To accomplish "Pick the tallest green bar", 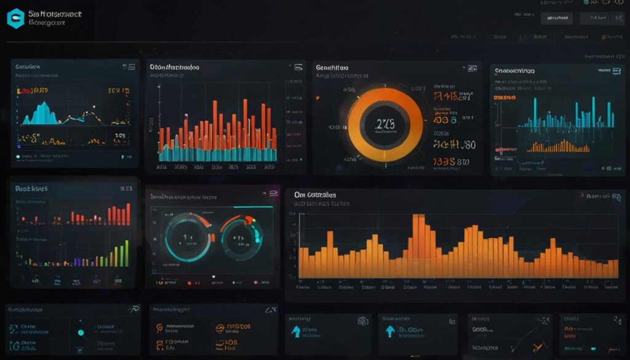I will point(127,253).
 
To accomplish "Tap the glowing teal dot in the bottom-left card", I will point(81,333).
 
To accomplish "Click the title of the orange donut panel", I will point(332,67).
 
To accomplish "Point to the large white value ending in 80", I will point(455,145).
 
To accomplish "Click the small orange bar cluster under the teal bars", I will point(560,147).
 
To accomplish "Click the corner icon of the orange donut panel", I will point(472,67).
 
